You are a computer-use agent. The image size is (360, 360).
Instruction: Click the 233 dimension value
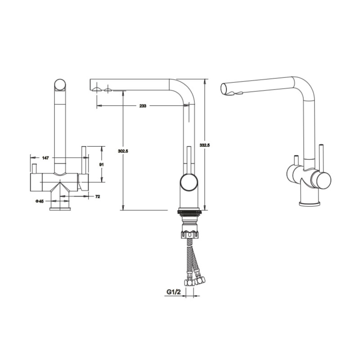(143, 106)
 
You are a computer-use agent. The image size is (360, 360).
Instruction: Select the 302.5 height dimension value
(123, 151)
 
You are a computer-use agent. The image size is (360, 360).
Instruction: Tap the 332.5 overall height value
(205, 145)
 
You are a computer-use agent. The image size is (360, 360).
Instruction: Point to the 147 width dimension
(45, 158)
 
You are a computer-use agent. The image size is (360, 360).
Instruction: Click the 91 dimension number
(101, 165)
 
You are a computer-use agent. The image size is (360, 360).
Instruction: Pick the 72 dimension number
(98, 197)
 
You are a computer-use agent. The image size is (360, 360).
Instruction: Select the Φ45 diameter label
(40, 201)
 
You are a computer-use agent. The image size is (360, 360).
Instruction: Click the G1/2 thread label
(174, 292)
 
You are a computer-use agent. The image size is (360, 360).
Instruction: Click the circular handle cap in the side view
(189, 183)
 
